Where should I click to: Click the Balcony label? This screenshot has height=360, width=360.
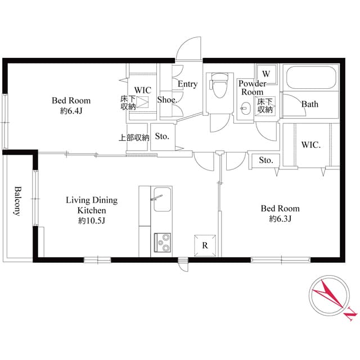(17, 201)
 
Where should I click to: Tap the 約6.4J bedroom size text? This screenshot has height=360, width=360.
(71, 111)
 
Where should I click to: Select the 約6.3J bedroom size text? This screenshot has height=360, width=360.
(280, 219)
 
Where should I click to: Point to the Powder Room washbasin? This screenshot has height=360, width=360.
(245, 109)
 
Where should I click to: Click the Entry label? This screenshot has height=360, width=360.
(187, 84)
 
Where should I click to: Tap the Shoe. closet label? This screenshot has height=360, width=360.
(168, 100)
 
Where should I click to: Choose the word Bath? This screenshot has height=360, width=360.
(309, 104)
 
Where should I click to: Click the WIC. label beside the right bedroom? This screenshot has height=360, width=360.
(310, 145)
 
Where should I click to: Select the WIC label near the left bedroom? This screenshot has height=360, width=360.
(142, 90)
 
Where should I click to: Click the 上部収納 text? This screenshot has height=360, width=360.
(134, 137)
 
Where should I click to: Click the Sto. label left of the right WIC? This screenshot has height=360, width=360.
(266, 160)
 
